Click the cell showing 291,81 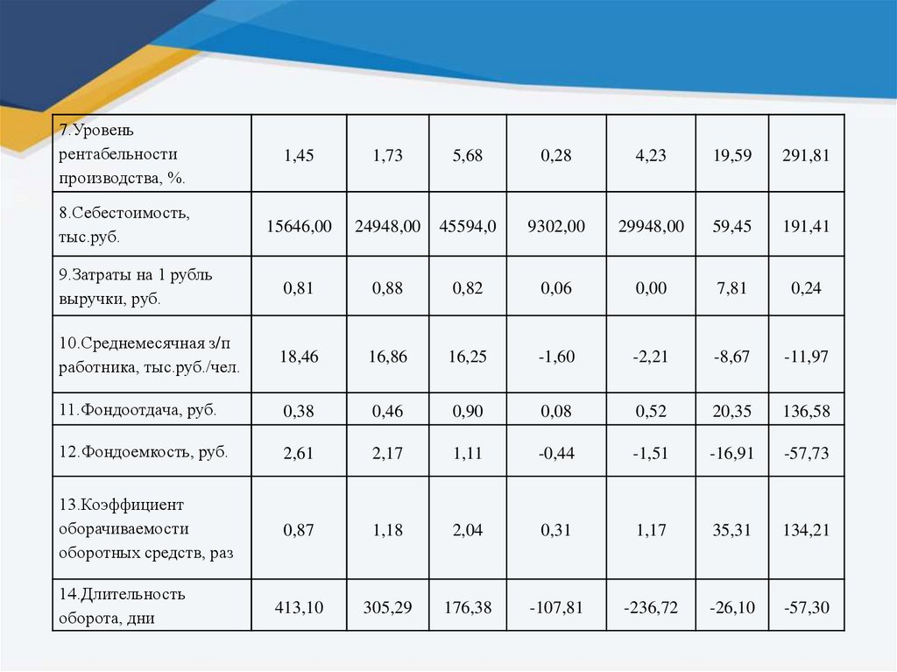[806, 155]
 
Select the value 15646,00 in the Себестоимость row [299, 226]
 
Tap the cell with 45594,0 [468, 226]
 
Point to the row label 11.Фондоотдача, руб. [138, 409]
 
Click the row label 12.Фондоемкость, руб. [143, 452]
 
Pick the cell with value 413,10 [299, 606]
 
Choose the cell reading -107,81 [556, 606]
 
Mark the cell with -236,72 [651, 606]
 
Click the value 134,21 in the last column [806, 529]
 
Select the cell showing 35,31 [732, 529]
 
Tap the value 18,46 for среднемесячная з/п [299, 356]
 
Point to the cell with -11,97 [806, 356]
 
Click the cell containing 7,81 [732, 287]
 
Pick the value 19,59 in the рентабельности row [732, 155]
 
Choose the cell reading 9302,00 [556, 226]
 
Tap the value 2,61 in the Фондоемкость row [299, 453]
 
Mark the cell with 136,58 [806, 410]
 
